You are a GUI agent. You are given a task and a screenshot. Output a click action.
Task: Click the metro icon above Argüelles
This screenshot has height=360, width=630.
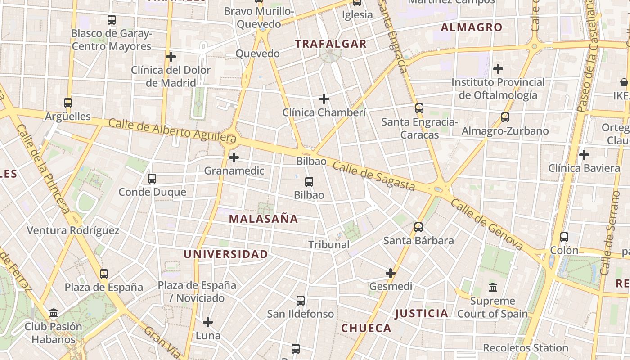coord(68,103)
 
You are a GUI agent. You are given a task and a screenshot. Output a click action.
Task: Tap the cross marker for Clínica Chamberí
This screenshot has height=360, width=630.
coord(324,99)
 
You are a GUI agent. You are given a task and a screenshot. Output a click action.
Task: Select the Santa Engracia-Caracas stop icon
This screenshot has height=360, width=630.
coord(419,108)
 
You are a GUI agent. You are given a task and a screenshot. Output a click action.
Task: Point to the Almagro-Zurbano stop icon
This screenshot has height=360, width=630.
coord(505,117)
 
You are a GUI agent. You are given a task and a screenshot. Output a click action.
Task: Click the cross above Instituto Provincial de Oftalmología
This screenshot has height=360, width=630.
coord(498,69)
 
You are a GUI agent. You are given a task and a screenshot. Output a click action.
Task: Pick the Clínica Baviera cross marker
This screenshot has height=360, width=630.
coord(584,155)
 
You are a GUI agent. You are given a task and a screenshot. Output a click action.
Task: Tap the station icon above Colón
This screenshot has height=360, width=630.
coord(564,237)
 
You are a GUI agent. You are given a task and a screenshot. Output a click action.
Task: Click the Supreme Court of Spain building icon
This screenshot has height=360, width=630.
coord(493,287)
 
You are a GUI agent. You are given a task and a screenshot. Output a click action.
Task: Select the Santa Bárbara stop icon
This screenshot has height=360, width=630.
coord(418,227)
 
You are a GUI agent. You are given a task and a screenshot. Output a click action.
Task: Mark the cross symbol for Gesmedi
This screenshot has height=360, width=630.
coord(391,273)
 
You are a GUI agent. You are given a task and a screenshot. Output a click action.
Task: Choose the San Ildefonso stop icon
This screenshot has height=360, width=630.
coord(301,301)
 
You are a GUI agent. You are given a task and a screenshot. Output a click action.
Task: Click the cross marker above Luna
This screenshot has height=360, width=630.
coord(208,322)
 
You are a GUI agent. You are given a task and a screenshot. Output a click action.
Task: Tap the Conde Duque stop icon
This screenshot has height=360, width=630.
coord(152,179)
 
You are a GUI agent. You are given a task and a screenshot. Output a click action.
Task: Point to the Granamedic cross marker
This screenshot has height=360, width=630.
coord(234,157)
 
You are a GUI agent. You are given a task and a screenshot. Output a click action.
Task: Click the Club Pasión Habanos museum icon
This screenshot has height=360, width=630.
coord(54,313)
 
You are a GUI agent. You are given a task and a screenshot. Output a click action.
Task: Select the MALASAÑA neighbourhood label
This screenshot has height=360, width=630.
coord(263,219)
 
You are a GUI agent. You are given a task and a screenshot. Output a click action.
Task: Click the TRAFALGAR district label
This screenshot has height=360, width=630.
coord(331,44)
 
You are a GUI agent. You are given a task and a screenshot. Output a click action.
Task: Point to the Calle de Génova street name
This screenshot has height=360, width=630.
coord(487,225)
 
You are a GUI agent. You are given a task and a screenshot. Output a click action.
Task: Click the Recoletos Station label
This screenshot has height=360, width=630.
coord(526,348)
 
